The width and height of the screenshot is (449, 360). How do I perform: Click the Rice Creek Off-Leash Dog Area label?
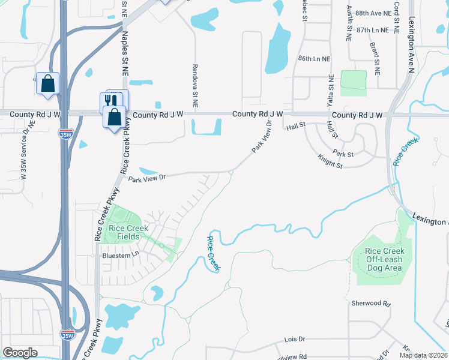tap(384, 259)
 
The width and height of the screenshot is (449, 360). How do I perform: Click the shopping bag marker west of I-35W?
tap(47, 83)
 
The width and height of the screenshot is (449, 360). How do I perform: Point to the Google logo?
tap(20, 353)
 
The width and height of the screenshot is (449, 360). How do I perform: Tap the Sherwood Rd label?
tap(370, 304)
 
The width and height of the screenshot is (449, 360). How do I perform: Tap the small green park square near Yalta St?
tap(353, 83)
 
